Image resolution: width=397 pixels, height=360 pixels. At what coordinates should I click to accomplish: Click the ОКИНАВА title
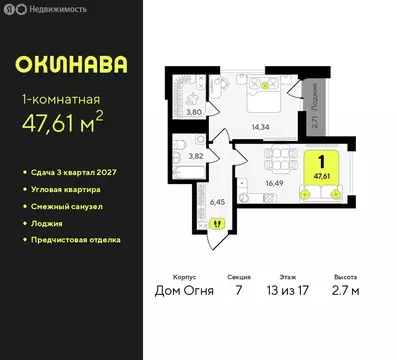[x=71, y=65]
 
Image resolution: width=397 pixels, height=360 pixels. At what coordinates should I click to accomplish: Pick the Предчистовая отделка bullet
[x=76, y=240]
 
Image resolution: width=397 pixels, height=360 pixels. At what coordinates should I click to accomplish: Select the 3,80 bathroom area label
[x=197, y=112]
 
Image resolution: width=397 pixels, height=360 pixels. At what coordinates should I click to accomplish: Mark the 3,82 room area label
[x=198, y=157]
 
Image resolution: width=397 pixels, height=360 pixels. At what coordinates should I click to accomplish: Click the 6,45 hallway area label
[x=217, y=201]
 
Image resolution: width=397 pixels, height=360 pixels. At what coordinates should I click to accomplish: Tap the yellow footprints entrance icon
[x=217, y=223]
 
